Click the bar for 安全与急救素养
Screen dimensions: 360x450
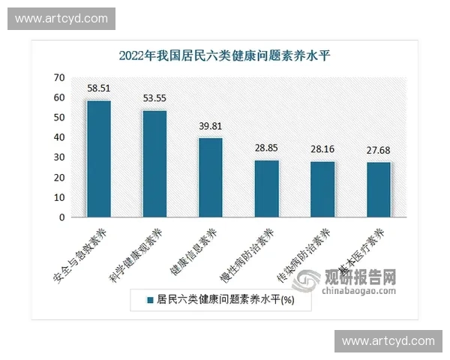98,159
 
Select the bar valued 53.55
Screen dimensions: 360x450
154,163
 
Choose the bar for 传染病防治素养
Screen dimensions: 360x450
322,189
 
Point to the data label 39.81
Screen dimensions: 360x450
211,126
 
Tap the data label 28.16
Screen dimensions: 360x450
322,148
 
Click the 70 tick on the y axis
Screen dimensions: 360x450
58,77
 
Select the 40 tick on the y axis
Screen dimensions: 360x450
58,137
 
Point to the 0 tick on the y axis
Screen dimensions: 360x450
61,217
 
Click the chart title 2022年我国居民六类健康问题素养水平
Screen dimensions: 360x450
224,55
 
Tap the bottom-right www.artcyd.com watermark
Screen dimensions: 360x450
388,341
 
